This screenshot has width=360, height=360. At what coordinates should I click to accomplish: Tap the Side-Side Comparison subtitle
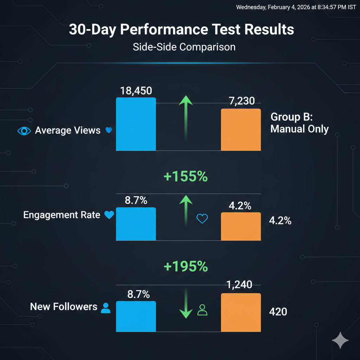click(184, 47)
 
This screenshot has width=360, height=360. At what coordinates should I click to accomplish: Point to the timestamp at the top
click(296, 7)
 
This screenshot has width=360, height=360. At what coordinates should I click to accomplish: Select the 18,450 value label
click(136, 91)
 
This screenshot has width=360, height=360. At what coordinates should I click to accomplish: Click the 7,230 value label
click(241, 101)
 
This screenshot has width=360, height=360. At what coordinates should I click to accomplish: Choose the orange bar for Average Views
click(241, 130)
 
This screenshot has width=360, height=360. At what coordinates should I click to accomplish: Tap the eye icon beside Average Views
click(24, 131)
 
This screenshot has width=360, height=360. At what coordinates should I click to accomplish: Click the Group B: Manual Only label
click(299, 123)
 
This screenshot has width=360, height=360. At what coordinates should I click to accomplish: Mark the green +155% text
click(186, 177)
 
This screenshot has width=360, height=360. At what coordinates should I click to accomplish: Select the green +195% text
click(186, 267)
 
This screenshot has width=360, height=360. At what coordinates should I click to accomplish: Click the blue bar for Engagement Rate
click(136, 224)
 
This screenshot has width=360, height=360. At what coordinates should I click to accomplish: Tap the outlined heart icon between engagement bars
click(202, 219)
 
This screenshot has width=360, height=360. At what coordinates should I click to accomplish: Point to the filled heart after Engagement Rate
click(109, 215)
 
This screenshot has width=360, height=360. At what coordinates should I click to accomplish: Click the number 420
click(278, 311)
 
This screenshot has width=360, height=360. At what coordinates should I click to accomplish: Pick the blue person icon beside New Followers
click(105, 308)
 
